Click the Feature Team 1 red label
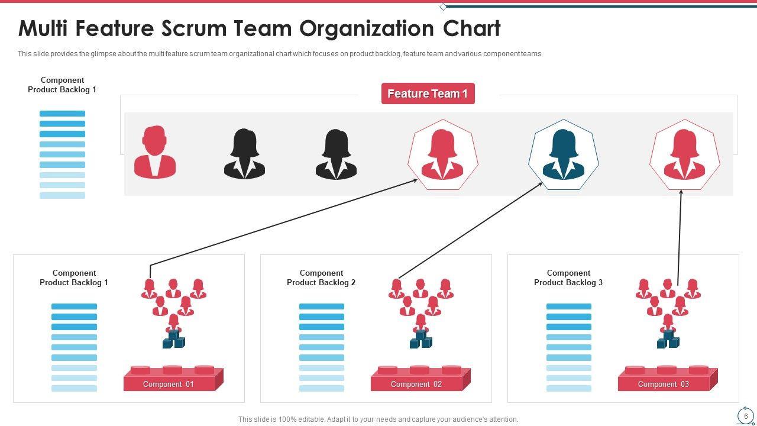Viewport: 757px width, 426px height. click(428, 93)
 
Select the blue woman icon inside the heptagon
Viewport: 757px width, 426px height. click(563, 155)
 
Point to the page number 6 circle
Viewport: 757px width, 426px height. click(746, 416)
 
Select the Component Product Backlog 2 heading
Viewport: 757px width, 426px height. click(321, 277)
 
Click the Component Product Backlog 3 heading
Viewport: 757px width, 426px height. click(568, 277)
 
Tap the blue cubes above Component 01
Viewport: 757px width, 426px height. click(174, 340)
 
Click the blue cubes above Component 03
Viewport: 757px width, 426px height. click(668, 340)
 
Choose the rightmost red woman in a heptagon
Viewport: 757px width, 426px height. click(684, 155)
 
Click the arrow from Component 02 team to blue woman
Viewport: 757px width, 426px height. click(470, 231)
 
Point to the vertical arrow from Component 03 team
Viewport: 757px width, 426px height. click(680, 237)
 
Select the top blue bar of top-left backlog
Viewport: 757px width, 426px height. click(62, 114)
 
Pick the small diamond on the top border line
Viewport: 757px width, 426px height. click(443, 7)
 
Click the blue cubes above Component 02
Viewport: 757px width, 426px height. click(421, 340)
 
